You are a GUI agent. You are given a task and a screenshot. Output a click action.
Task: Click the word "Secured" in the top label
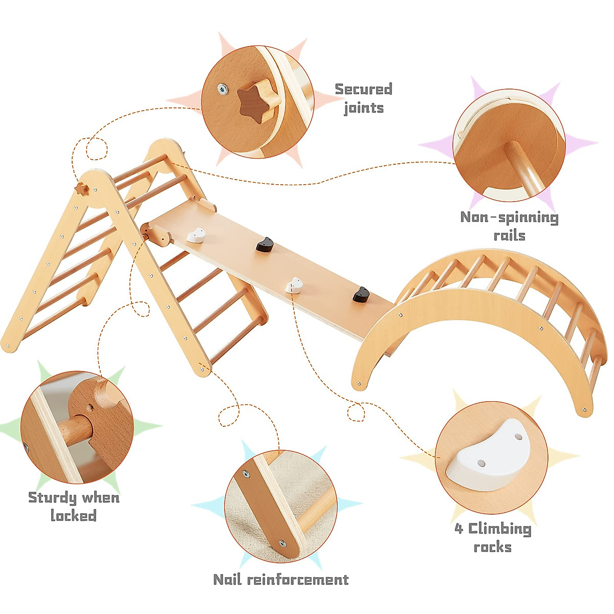tap(363, 89)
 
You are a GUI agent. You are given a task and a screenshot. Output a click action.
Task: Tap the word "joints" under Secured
tap(363, 108)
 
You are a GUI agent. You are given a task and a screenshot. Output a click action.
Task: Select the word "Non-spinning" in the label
tap(509, 217)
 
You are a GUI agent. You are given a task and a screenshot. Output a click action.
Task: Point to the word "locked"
tap(74, 515)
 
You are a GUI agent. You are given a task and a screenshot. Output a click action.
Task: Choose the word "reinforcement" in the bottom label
tap(297, 579)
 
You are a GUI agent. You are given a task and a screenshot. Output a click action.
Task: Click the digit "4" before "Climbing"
tap(458, 528)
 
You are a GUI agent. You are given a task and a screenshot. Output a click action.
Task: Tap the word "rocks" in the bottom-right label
tap(492, 547)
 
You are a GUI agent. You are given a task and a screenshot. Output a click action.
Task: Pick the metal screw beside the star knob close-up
tap(222, 89)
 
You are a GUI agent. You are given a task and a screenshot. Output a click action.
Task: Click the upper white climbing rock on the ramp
tap(196, 235)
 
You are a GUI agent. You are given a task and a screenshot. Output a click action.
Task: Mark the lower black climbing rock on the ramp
tap(361, 294)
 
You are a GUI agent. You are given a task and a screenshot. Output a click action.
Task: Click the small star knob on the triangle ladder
tap(81, 189)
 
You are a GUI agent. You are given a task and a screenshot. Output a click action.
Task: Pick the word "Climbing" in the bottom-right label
tap(499, 528)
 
